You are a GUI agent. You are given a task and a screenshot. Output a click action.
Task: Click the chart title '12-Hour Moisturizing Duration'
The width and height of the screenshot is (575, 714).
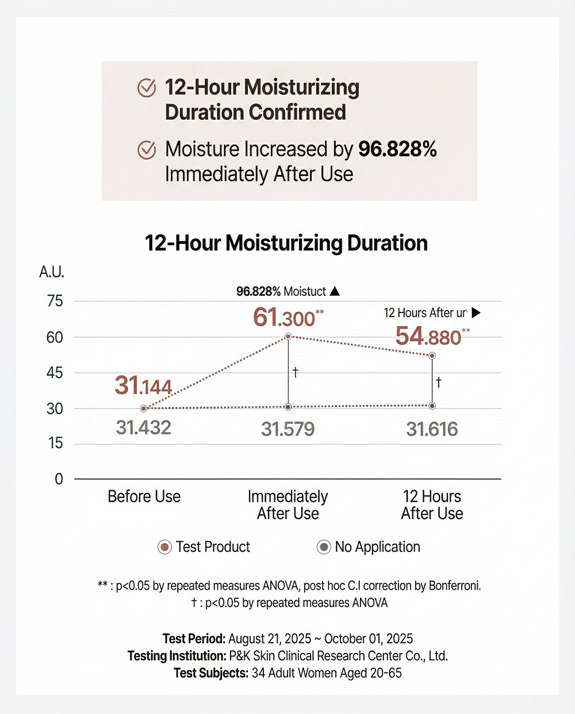[286, 243]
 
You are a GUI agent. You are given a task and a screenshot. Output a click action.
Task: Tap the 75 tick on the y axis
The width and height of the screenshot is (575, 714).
[55, 301]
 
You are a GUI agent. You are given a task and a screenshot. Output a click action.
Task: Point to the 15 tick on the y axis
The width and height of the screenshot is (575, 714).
[55, 444]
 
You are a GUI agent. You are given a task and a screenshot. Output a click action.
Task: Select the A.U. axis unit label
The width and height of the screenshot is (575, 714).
[52, 272]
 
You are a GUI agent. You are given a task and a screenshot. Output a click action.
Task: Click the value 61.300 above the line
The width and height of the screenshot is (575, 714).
[285, 318]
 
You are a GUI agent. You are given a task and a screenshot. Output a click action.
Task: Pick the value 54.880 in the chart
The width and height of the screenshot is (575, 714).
[428, 337]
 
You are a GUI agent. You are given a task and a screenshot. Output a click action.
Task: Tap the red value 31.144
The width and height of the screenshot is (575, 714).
[143, 385]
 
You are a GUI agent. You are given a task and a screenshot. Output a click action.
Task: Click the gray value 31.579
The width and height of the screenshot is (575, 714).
[287, 429]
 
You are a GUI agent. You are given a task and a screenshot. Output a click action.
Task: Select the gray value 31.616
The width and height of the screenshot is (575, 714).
[432, 429]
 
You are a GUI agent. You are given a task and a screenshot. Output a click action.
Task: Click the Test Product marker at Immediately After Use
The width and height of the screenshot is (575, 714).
[288, 337]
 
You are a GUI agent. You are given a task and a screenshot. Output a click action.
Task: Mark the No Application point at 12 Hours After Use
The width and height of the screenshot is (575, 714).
[432, 406]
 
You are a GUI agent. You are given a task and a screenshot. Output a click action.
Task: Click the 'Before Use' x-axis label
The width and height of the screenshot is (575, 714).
[144, 497]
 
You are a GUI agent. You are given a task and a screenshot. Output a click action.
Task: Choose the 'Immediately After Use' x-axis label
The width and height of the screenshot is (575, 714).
[287, 505]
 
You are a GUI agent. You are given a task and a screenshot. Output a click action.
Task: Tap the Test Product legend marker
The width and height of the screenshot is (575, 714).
[164, 547]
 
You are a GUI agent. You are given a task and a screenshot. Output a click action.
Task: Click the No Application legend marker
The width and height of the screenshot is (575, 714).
[324, 547]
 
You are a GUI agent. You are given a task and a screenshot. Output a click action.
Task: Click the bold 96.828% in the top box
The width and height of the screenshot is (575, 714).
[397, 150]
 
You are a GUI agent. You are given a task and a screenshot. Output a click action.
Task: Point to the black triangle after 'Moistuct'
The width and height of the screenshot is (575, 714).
[335, 291]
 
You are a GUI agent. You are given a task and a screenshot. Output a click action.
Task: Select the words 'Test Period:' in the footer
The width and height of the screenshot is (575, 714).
[194, 639]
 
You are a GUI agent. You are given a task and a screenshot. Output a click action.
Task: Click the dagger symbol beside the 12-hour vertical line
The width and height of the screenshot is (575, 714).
[439, 382]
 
